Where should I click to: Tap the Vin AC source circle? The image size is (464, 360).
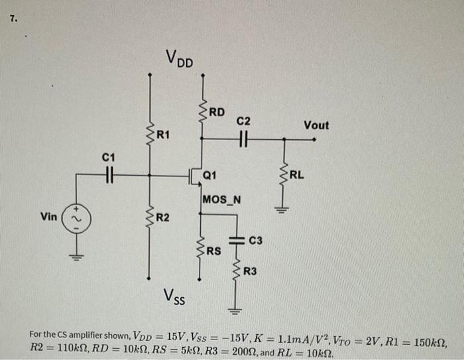(74, 217)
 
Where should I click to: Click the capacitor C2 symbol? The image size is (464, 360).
(243, 139)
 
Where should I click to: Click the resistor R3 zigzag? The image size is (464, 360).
(235, 272)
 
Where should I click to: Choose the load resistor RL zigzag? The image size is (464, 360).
(284, 176)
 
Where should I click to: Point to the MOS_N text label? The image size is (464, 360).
(222, 199)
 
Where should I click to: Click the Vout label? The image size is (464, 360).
(316, 125)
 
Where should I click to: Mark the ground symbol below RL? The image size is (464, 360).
(284, 210)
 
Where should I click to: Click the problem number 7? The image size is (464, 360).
(13, 18)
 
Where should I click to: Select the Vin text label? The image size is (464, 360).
(48, 217)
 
